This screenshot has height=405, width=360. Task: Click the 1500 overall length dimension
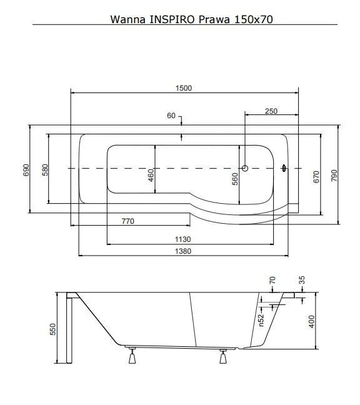pos(184,88)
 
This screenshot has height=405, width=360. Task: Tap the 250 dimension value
pos(271,111)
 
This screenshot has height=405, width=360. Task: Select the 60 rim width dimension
pos(171,116)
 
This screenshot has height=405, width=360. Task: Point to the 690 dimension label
pos(26,170)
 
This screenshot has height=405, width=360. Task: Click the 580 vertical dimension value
pos(45,170)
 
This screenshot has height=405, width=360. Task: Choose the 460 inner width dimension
pos(151,175)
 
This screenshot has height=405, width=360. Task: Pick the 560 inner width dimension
pos(235,179)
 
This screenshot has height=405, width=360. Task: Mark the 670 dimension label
pos(316,177)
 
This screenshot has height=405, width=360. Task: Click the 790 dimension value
pos(334,176)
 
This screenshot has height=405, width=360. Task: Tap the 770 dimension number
pos(128,221)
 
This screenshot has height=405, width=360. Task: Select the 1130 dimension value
pos(183,239)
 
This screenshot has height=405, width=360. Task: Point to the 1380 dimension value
pos(183,251)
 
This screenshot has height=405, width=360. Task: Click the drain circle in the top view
pos(245,168)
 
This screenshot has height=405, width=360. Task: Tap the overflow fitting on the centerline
pos(284,168)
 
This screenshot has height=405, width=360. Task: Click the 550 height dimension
pos(52,329)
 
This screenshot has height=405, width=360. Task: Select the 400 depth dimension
pos(312,322)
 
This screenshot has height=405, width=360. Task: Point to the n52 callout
pos(261,320)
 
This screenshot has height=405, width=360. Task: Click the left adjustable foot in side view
pos(132,356)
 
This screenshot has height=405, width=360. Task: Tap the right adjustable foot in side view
pos(223,356)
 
